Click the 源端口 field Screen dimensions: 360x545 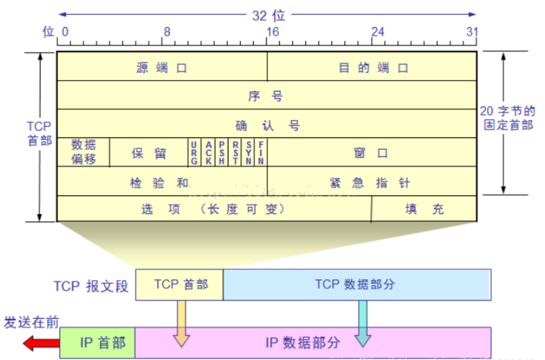coord(162,67)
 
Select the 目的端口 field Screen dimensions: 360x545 coord(373,67)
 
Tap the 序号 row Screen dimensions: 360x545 coord(266,95)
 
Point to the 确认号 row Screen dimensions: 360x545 coord(266,124)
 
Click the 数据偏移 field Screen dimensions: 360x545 coord(84,152)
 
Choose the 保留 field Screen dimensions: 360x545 coord(149,153)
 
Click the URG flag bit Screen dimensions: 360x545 coord(194,153)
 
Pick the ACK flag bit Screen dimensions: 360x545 coord(208,153)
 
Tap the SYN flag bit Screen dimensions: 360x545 coord(248,153)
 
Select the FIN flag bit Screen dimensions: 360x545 coord(261,153)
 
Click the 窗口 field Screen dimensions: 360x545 coord(372,153)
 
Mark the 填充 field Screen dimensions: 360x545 coord(424,209)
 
